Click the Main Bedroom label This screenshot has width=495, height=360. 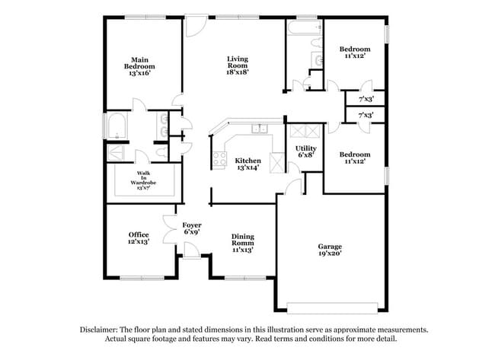(139, 66)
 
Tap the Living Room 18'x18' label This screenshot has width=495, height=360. (238, 66)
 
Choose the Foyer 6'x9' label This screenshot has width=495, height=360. (191, 229)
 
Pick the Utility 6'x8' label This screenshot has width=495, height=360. (306, 151)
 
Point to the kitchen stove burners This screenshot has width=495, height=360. (219, 159)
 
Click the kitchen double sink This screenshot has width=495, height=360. (259, 128)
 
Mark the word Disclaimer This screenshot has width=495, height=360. (100, 330)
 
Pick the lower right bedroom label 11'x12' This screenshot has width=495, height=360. (355, 158)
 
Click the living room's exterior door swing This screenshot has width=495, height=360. (195, 25)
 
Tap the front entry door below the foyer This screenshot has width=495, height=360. (190, 262)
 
